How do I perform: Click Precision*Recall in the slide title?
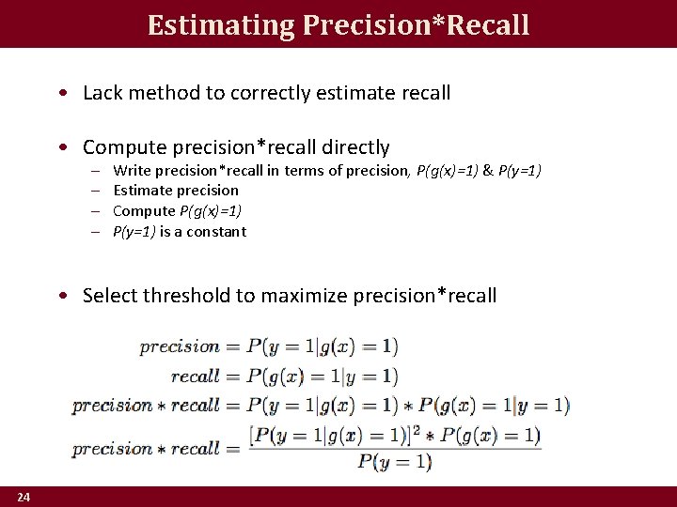coord(417,25)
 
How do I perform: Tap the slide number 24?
coord(22,497)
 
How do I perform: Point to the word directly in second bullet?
coord(355,147)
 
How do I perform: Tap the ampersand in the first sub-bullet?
coord(488,170)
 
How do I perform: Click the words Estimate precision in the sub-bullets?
coord(176,191)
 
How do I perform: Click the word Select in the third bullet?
coord(110,296)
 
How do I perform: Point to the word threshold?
coord(186,296)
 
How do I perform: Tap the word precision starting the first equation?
coord(180,346)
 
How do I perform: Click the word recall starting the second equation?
coord(195,376)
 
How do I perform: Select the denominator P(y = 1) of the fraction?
coord(395,461)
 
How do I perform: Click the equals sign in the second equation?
coord(232,376)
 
